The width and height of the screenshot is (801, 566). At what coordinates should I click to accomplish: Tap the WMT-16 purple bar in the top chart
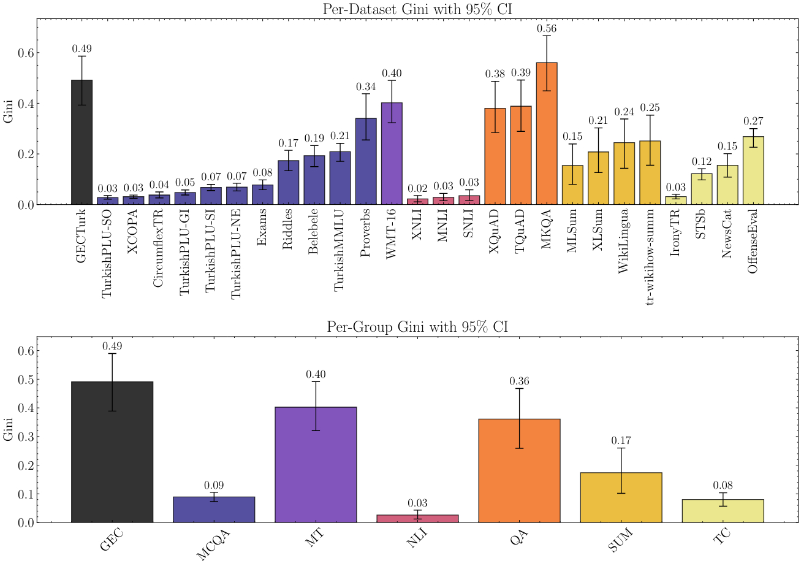click(392, 153)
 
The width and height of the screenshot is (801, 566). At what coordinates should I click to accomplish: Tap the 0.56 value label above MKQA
click(547, 28)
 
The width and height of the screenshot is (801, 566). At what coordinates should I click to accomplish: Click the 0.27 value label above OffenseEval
click(753, 121)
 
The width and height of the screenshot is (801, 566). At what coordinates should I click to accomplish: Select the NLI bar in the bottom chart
click(417, 518)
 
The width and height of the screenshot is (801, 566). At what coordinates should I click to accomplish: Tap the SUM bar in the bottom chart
click(621, 497)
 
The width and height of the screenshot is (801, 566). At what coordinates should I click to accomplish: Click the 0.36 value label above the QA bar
click(519, 381)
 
